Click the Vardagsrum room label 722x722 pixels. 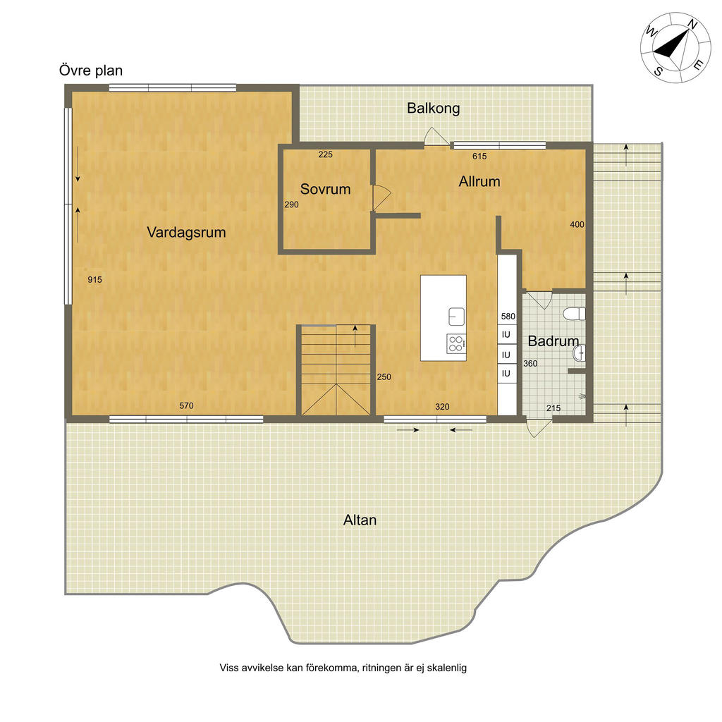tap(186, 232)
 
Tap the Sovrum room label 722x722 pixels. tap(325, 189)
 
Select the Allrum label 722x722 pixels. tap(479, 181)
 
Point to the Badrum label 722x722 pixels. tap(553, 341)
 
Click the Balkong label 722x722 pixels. tap(434, 109)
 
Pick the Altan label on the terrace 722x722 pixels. tap(360, 520)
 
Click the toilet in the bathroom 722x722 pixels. tap(574, 314)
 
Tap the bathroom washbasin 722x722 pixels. tap(580, 354)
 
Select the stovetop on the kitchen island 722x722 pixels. tap(456, 343)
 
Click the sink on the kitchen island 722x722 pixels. tap(456, 317)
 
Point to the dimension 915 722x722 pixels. tap(95, 279)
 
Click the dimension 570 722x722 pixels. tap(186, 405)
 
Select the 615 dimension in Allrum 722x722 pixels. tap(479, 156)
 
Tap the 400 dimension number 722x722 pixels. tap(577, 224)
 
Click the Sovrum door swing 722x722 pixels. tap(381, 198)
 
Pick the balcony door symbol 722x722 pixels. tap(436, 137)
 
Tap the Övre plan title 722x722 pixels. tap(91, 71)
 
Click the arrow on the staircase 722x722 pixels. tap(355, 336)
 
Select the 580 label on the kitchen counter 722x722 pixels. tap(508, 317)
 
